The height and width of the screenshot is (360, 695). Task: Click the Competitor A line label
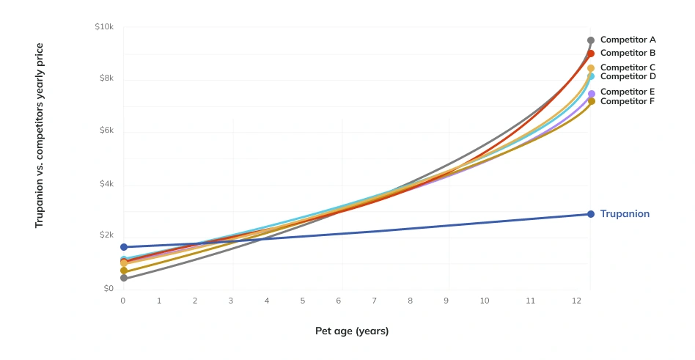click(x=628, y=40)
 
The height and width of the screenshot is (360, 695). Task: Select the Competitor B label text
click(x=628, y=53)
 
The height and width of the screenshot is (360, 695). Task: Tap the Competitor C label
click(x=628, y=67)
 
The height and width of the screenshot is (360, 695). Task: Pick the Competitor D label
click(x=628, y=76)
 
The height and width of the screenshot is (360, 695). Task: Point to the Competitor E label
click(x=628, y=92)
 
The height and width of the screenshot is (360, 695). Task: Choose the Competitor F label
click(x=628, y=101)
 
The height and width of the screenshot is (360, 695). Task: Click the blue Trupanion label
click(x=625, y=214)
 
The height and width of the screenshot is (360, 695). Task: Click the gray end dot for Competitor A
click(x=591, y=40)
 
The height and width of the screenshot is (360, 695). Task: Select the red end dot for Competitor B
click(x=591, y=54)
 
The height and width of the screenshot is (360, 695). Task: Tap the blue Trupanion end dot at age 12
click(x=591, y=214)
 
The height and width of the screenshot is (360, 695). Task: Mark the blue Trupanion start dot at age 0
click(x=124, y=247)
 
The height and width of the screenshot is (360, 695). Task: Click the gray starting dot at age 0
click(x=124, y=278)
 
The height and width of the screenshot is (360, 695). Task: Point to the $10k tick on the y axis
click(x=104, y=26)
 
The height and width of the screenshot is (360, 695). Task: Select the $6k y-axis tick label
click(x=106, y=131)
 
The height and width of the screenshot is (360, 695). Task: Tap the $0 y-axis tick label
click(x=108, y=289)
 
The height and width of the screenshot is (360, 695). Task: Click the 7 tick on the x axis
click(x=375, y=301)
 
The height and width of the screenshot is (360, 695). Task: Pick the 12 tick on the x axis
click(x=578, y=301)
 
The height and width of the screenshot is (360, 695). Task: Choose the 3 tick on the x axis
click(x=231, y=301)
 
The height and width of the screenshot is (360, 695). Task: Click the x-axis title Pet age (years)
click(x=352, y=331)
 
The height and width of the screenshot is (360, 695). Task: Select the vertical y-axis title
click(x=40, y=135)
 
